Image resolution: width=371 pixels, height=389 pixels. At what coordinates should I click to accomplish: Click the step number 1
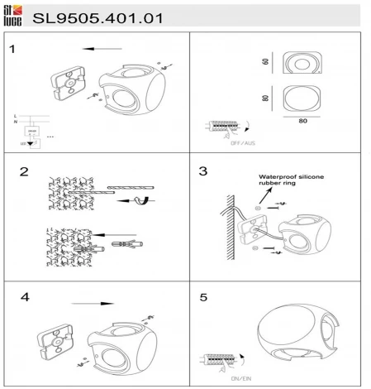click(x=12, y=49)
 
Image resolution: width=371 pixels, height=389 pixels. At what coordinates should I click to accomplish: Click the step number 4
click(x=26, y=295)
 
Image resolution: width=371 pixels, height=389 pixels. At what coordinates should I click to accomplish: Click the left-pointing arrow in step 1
click(x=103, y=49)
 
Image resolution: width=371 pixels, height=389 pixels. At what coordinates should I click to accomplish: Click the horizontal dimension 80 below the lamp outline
click(x=303, y=121)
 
